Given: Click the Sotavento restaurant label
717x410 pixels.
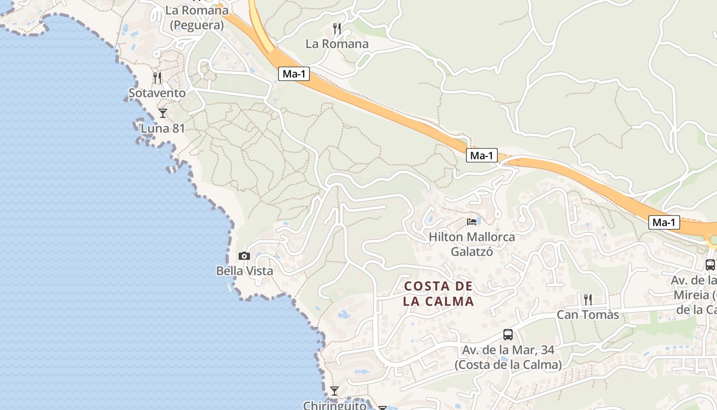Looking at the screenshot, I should click(x=157, y=93).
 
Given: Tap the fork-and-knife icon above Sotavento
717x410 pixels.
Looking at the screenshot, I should click(x=157, y=78).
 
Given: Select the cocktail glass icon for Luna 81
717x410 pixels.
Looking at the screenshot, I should click(x=163, y=113).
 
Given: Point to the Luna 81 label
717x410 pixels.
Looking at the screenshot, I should click(x=163, y=128).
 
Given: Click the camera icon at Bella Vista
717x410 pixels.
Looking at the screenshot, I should click(x=244, y=256).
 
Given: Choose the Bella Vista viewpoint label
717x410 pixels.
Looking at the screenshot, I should click(x=244, y=271).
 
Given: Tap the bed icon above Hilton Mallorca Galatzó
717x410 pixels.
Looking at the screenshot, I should click(x=472, y=222).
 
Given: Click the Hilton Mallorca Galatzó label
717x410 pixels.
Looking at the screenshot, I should click(x=472, y=244).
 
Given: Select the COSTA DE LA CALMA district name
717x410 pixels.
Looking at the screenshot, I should click(x=438, y=294).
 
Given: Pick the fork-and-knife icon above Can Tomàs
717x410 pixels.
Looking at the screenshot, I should click(x=588, y=299).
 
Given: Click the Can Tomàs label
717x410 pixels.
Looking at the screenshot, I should click(x=588, y=314).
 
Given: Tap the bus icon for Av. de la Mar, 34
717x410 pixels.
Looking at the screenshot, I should click(x=508, y=335).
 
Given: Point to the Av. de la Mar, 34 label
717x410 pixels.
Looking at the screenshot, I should click(x=508, y=357).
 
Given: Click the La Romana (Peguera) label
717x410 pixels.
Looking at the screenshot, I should click(x=197, y=17).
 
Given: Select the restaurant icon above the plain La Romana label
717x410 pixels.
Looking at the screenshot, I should click(x=337, y=29).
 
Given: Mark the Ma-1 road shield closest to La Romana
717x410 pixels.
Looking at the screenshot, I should click(x=294, y=74).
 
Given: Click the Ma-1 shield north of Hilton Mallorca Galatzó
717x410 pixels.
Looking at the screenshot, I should click(x=482, y=155).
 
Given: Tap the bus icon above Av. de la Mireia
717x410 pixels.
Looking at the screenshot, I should click(x=710, y=265).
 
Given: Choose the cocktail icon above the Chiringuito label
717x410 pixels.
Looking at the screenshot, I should click(x=334, y=391).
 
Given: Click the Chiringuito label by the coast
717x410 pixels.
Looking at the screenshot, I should click(x=335, y=405).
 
